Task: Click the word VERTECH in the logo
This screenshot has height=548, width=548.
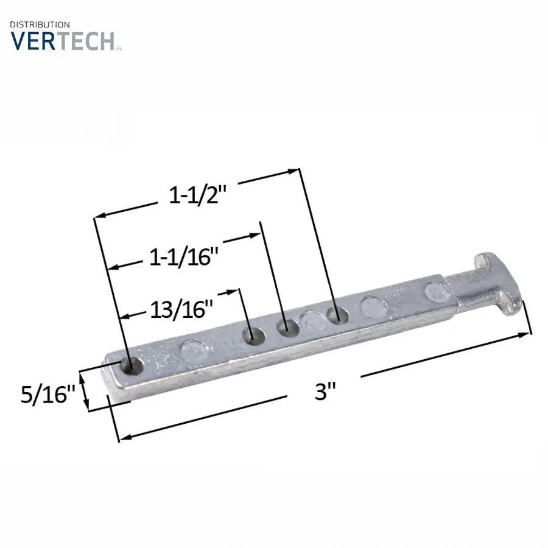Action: [62, 41]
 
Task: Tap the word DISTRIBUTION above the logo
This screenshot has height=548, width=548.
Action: [40, 25]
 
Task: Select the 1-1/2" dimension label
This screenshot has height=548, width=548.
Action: [198, 195]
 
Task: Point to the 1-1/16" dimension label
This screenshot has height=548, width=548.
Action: [183, 257]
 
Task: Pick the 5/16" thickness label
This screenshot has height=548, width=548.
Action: [48, 394]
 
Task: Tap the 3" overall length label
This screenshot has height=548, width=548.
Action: [325, 392]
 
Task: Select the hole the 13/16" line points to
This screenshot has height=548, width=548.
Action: [254, 336]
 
